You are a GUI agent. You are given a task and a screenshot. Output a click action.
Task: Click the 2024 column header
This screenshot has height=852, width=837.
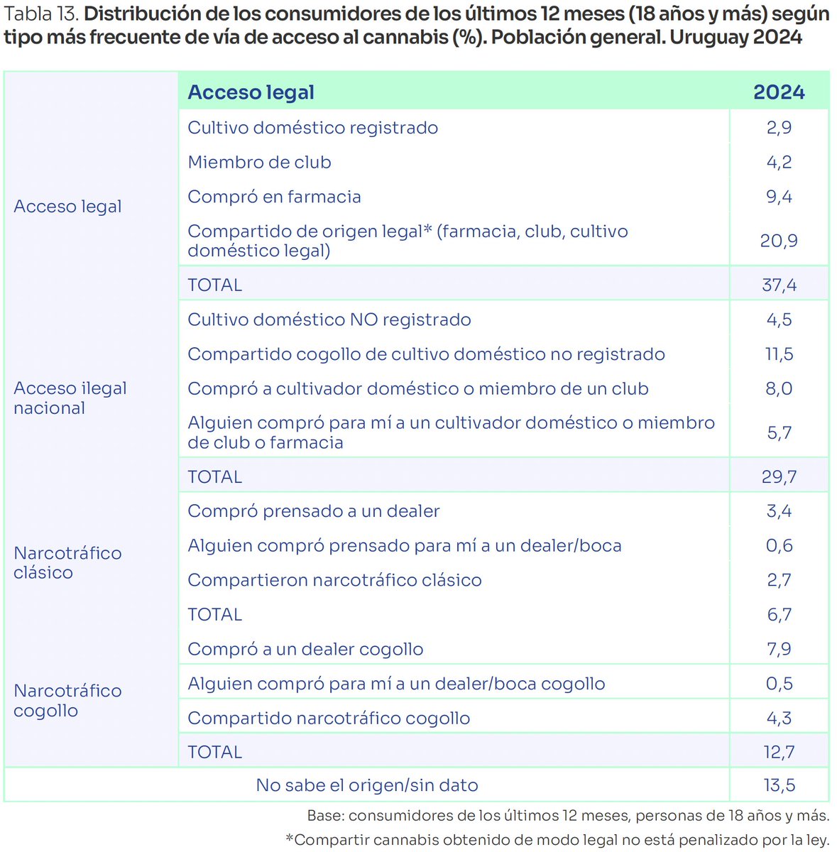(779, 92)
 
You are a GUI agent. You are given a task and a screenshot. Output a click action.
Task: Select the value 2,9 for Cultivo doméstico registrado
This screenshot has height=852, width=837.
(779, 128)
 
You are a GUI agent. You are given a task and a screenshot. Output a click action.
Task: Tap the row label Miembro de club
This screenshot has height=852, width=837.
(259, 163)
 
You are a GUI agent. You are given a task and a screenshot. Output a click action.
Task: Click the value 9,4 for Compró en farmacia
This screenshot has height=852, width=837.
(779, 197)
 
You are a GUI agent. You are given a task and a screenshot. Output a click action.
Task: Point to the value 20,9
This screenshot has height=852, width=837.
(779, 241)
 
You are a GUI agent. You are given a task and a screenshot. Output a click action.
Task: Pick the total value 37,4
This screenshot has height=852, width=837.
(779, 285)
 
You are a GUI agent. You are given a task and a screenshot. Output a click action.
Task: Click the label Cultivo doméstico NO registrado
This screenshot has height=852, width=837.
(329, 319)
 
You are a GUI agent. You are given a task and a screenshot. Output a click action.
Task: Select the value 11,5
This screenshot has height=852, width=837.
(779, 354)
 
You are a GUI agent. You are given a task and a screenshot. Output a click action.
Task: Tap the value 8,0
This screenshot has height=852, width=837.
(779, 388)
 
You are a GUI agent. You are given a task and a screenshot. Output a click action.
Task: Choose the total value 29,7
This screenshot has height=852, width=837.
(779, 476)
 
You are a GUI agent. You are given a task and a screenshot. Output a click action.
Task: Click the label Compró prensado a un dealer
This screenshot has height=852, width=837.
(313, 511)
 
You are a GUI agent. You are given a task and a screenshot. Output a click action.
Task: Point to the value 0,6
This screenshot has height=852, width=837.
(779, 545)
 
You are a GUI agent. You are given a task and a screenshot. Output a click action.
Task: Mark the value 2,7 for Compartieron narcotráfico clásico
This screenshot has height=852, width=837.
(779, 580)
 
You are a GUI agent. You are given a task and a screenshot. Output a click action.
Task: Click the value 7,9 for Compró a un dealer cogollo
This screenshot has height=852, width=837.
(779, 649)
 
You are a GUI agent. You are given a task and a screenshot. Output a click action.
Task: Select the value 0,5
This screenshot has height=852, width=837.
(779, 684)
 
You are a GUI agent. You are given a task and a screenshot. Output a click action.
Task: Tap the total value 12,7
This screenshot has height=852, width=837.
(779, 752)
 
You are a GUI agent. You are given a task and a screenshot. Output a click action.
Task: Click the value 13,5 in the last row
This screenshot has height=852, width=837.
(779, 785)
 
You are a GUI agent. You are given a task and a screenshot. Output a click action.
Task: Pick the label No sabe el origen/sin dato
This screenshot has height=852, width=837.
(367, 785)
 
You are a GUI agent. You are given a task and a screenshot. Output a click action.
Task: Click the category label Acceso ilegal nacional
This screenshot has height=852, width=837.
(70, 398)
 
